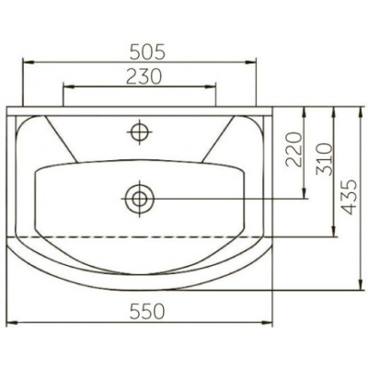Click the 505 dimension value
pos(147,52)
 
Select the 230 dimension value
pos(144,76)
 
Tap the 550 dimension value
pos(147,312)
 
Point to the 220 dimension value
pos(293,149)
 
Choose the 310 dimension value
pos(325,159)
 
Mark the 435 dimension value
pos(350,197)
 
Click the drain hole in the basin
pos(139,199)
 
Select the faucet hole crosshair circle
pos(140,132)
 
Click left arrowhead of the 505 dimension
pos(29,63)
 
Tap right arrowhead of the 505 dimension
pos(250,63)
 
